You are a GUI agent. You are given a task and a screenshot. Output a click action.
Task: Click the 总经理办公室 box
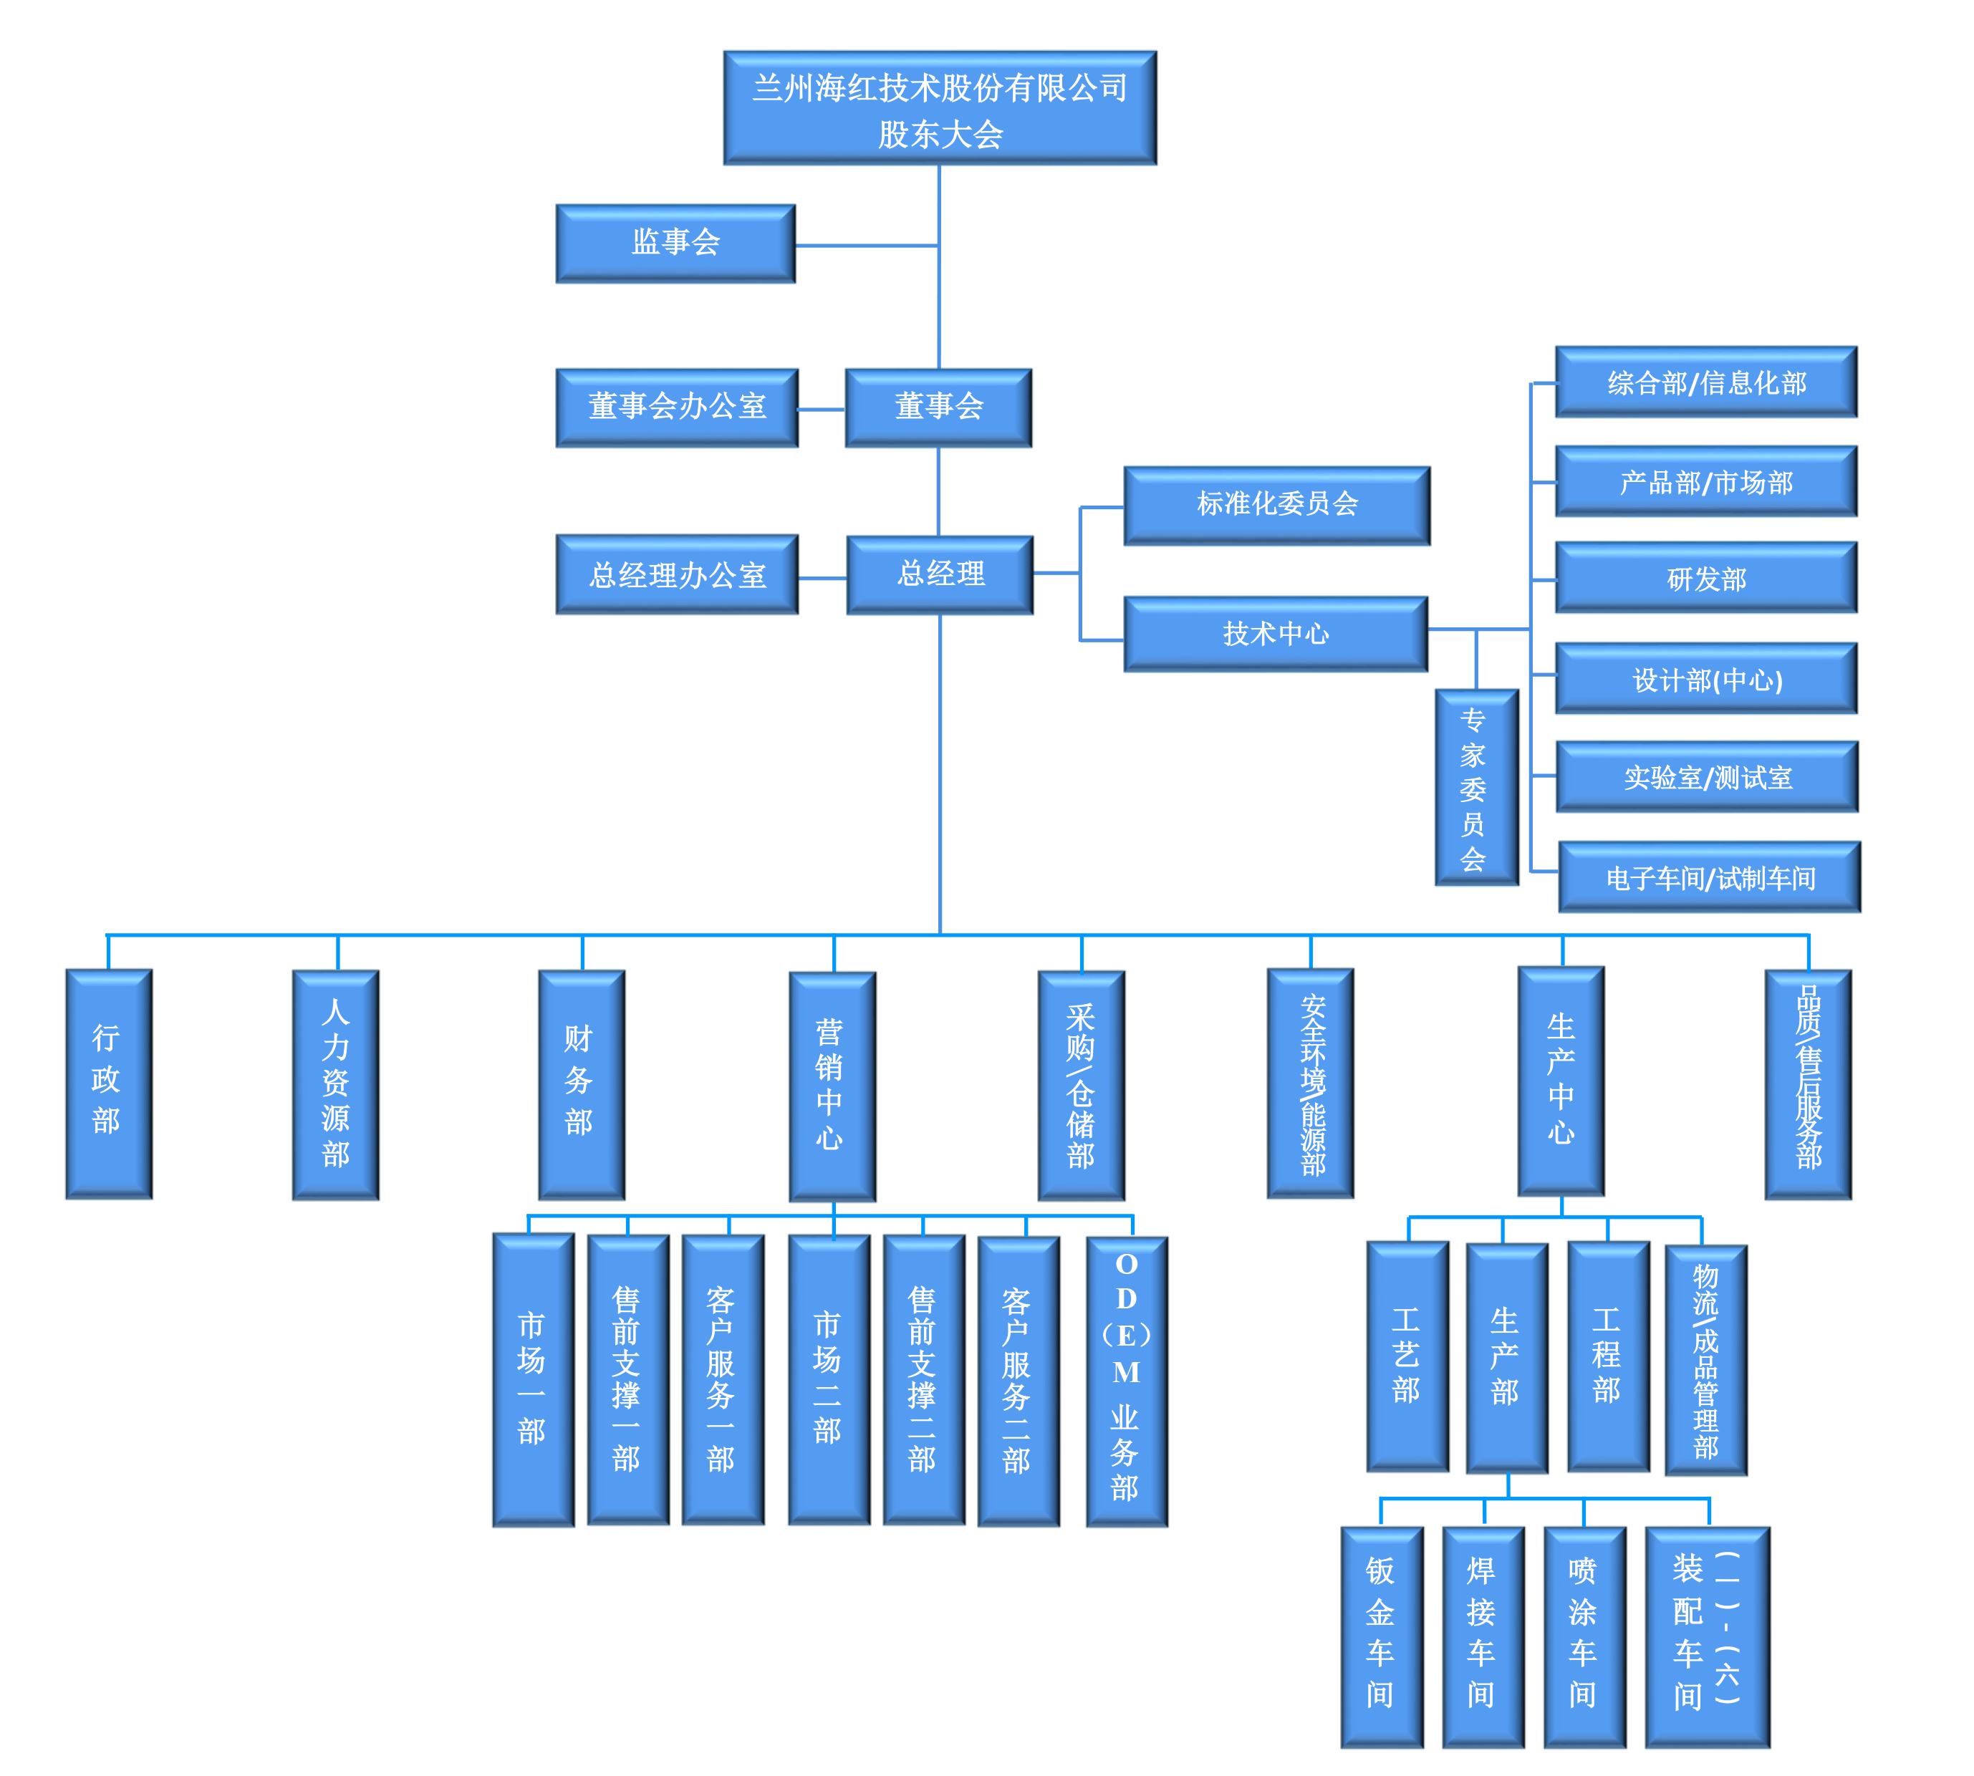point(676,575)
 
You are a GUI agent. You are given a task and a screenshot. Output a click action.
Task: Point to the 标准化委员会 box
point(1276,504)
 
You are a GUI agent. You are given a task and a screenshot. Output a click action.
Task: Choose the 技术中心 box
point(1276,634)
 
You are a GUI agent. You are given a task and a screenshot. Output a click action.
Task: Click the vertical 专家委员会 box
point(1474,788)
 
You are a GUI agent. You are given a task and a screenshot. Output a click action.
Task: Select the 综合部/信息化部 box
point(1705,382)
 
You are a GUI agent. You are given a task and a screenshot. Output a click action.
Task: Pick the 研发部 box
point(1705,579)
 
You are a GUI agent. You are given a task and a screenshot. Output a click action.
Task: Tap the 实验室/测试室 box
point(1707,778)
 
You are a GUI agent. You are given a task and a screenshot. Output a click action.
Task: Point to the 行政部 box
point(107,1084)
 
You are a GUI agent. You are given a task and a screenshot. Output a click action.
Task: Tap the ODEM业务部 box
point(1126,1381)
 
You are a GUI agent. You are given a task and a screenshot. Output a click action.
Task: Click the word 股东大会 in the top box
point(940,135)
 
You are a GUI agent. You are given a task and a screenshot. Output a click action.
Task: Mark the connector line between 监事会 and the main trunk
point(867,246)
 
